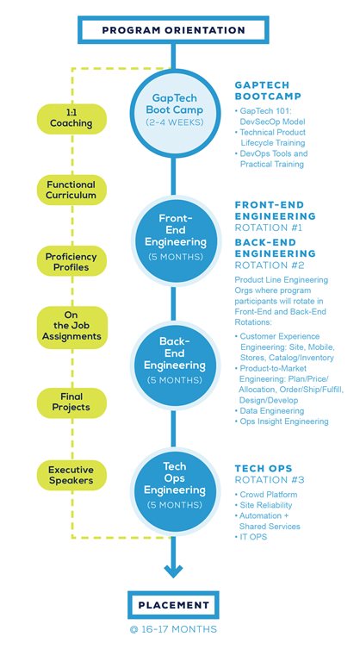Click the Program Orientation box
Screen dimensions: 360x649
pyautogui.click(x=173, y=30)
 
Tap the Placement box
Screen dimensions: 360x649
pyautogui.click(x=173, y=605)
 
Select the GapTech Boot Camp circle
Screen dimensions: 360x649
pyautogui.click(x=174, y=113)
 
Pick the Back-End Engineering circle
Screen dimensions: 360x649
pyautogui.click(x=176, y=365)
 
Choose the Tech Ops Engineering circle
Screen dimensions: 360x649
pyautogui.click(x=176, y=490)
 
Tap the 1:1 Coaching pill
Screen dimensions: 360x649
pyautogui.click(x=71, y=119)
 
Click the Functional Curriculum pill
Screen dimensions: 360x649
pyautogui.click(x=71, y=190)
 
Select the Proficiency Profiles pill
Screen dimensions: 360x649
pyautogui.click(x=71, y=262)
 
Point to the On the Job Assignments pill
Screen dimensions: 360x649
pyautogui.click(x=71, y=327)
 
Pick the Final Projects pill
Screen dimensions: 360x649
pyautogui.click(x=71, y=403)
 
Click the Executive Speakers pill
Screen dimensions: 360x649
pyautogui.click(x=71, y=475)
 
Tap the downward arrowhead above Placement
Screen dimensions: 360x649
pyautogui.click(x=173, y=571)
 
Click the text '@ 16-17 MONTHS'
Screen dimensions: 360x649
pyautogui.click(x=173, y=629)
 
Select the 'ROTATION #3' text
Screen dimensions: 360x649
pyautogui.click(x=270, y=480)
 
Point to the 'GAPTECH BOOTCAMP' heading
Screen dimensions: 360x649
pyautogui.click(x=268, y=90)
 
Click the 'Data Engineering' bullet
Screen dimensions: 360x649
pyautogui.click(x=270, y=411)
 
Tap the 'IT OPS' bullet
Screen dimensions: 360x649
pyautogui.click(x=251, y=537)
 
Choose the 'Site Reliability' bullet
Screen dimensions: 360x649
pyautogui.click(x=264, y=505)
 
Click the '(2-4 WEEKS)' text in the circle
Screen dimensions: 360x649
pyautogui.click(x=174, y=123)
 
